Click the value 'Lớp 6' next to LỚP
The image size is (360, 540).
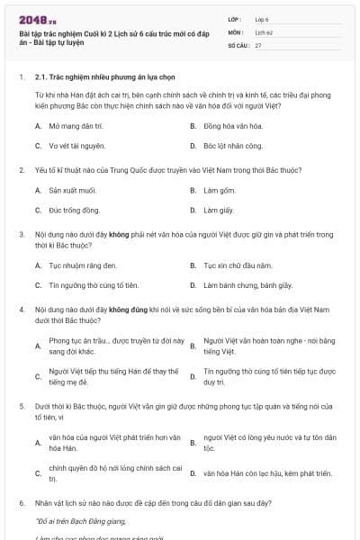coord(262,18)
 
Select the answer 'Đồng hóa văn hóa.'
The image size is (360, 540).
coord(233,127)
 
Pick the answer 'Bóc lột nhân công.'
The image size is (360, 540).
coord(233,145)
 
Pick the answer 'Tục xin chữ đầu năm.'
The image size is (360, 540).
coord(238,265)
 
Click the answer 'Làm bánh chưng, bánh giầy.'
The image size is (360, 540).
coord(247,285)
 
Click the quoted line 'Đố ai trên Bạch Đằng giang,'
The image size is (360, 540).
coord(82,520)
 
